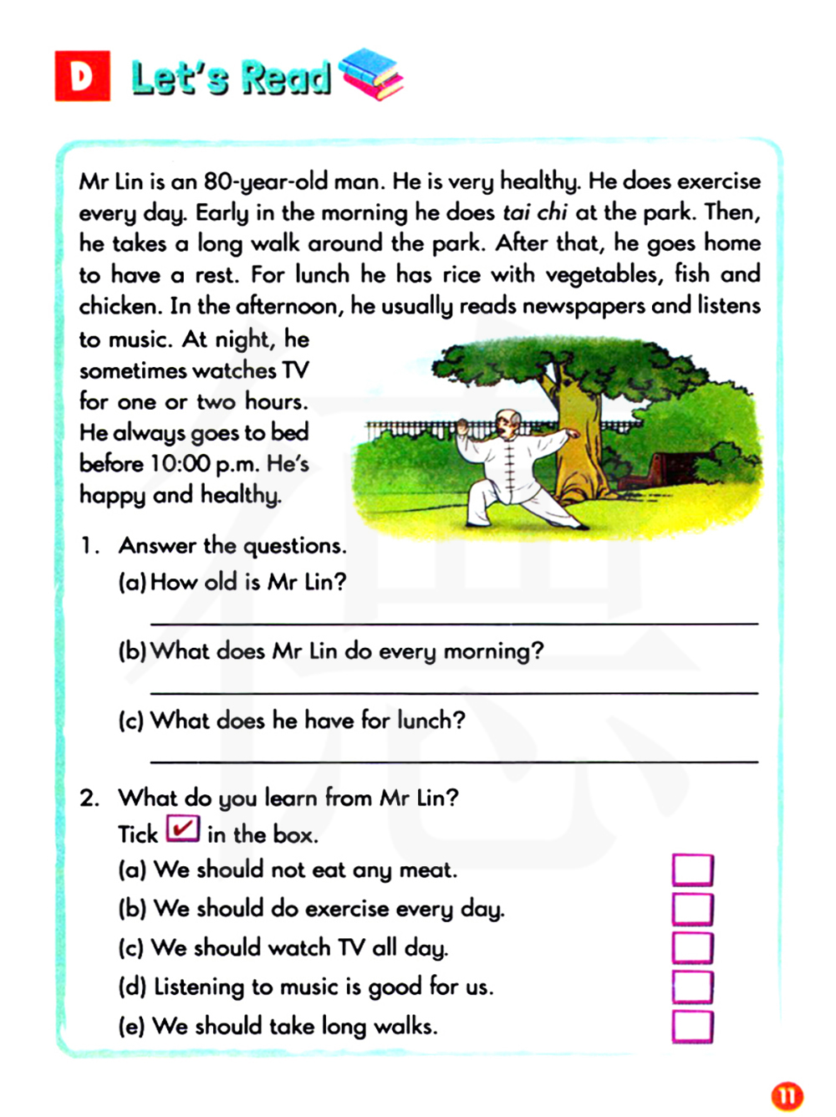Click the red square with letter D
(x=82, y=76)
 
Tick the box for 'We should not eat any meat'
(x=692, y=870)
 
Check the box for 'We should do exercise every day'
(x=692, y=909)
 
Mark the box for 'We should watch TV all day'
(x=692, y=948)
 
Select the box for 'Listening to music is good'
(x=692, y=987)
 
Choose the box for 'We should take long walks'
(x=692, y=1026)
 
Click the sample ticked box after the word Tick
(x=182, y=829)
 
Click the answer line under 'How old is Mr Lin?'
(x=453, y=623)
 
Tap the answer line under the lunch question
(x=453, y=761)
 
